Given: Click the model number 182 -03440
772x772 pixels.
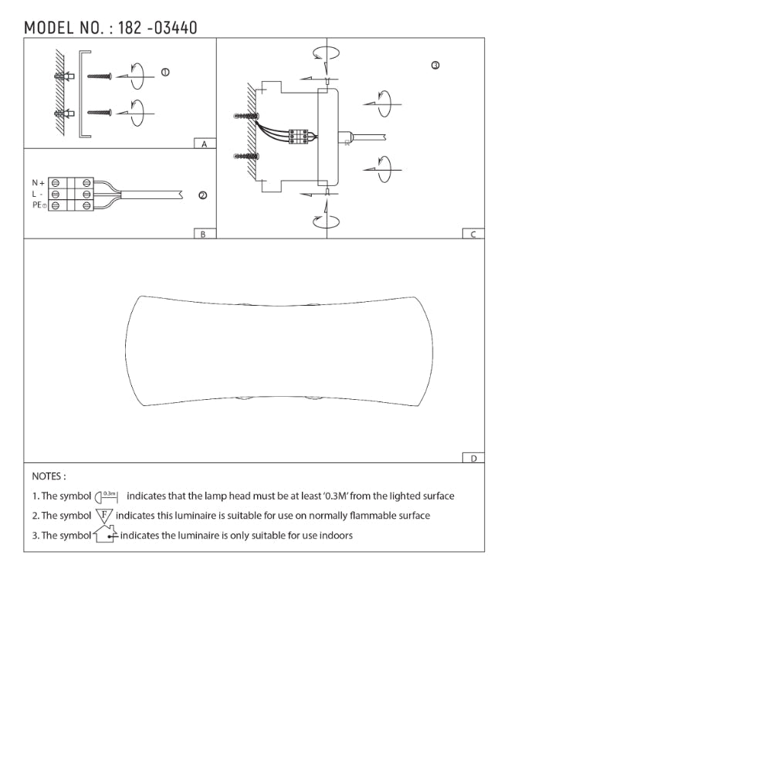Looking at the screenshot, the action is pyautogui.click(x=157, y=28).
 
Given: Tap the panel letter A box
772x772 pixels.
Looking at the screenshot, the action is pyautogui.click(x=205, y=144).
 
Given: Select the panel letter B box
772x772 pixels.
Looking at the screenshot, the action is pyautogui.click(x=205, y=234).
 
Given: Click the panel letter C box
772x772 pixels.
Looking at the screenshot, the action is pyautogui.click(x=473, y=234).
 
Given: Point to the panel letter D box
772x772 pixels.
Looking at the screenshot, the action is pyautogui.click(x=473, y=458).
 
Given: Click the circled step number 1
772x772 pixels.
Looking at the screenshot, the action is pyautogui.click(x=165, y=73).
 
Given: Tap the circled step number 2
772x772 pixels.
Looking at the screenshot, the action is pyautogui.click(x=203, y=195).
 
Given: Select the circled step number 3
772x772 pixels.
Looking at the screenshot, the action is pyautogui.click(x=435, y=66).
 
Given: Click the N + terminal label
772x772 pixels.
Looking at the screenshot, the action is pyautogui.click(x=38, y=183).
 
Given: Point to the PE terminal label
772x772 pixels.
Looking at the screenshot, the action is pyautogui.click(x=39, y=205).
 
